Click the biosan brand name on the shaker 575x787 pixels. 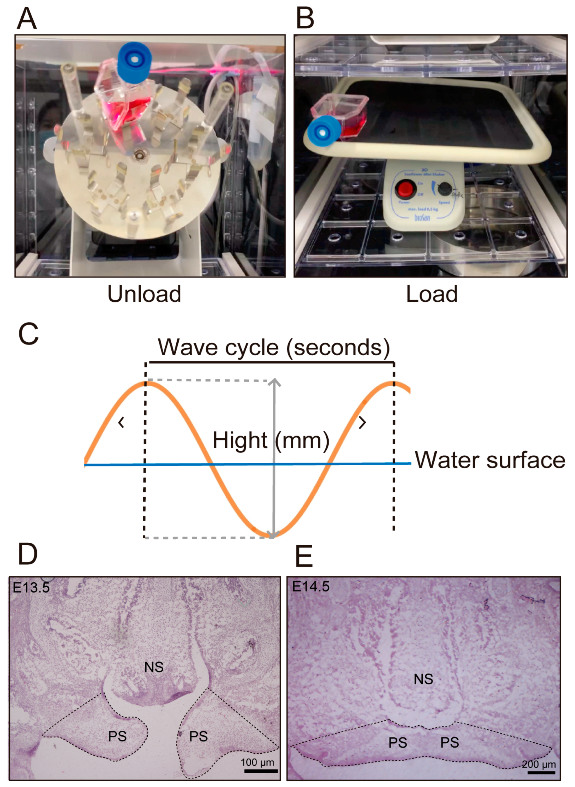pyautogui.click(x=422, y=218)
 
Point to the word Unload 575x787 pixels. pyautogui.click(x=144, y=294)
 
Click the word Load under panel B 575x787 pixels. pyautogui.click(x=431, y=294)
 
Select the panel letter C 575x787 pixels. pyautogui.click(x=28, y=334)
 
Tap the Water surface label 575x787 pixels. pyautogui.click(x=490, y=460)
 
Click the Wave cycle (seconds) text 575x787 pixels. pyautogui.click(x=274, y=347)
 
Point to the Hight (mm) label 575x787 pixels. pyautogui.click(x=271, y=440)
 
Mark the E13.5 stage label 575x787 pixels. pyautogui.click(x=31, y=588)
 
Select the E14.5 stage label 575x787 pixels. pyautogui.click(x=310, y=587)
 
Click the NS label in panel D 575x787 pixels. pyautogui.click(x=154, y=667)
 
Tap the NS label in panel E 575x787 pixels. pyautogui.click(x=423, y=679)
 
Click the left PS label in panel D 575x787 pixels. pyautogui.click(x=117, y=736)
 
